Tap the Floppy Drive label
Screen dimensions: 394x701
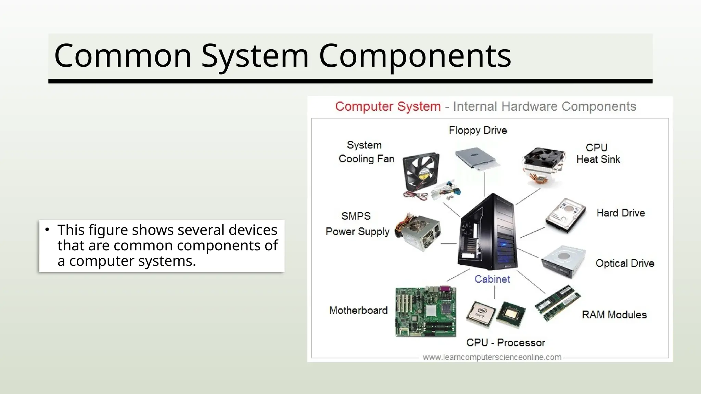point(477,130)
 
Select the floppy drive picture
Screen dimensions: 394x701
point(477,157)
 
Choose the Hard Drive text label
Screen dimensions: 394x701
point(621,213)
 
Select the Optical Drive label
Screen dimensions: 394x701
point(625,263)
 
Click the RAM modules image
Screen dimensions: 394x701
point(557,303)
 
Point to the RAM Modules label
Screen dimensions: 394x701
point(614,315)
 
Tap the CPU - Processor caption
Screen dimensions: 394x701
point(505,342)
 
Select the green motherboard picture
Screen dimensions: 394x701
point(425,312)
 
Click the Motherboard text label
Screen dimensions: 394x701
point(358,310)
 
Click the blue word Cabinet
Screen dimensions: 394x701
point(492,279)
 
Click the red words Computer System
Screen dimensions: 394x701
point(387,106)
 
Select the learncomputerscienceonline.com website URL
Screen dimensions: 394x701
point(492,357)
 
